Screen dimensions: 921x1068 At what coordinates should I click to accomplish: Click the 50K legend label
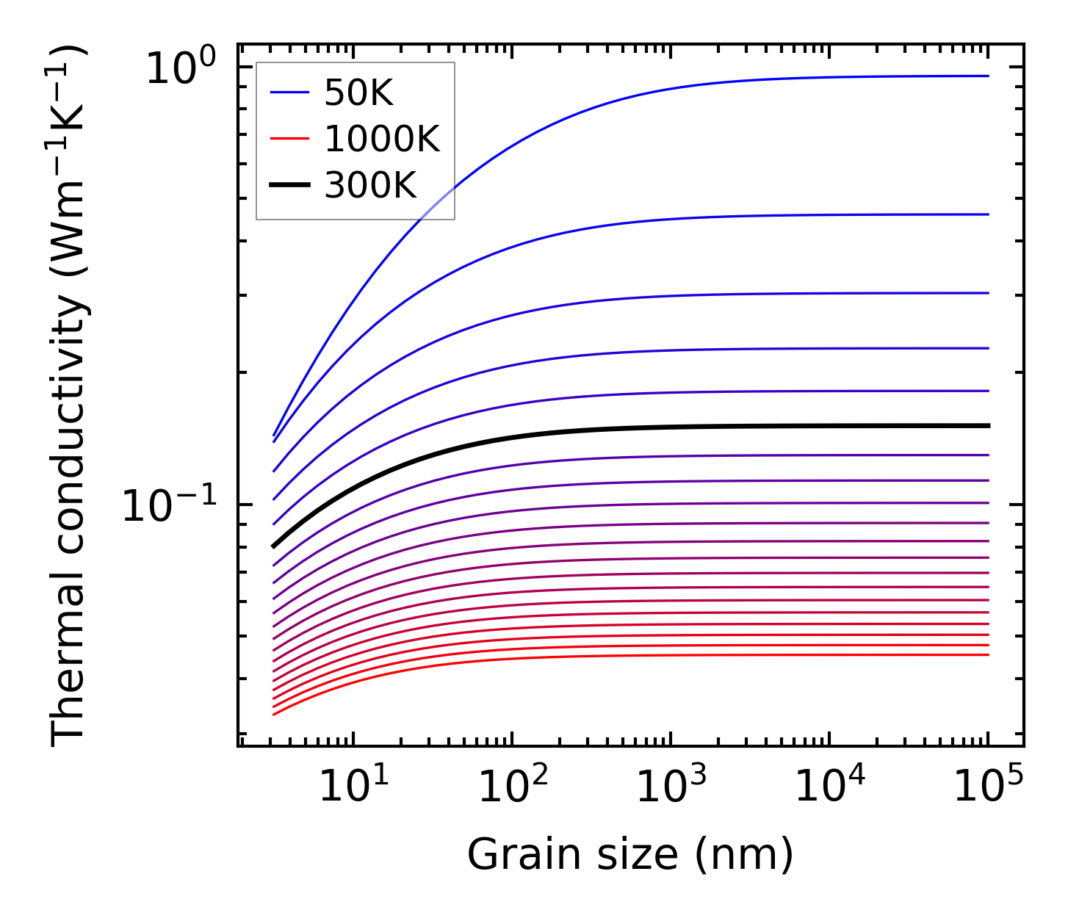[x=358, y=93]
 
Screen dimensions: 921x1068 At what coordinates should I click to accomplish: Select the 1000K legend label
[x=382, y=140]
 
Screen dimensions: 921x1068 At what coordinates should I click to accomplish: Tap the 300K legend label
[x=370, y=186]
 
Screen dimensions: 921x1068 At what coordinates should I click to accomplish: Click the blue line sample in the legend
[x=290, y=93]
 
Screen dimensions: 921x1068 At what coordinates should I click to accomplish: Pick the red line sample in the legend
[x=290, y=140]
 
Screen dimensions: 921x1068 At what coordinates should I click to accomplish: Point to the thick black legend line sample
[x=290, y=186]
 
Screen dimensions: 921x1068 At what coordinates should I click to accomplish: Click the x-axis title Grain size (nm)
[x=630, y=855]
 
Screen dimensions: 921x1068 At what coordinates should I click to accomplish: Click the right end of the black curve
[x=988, y=426]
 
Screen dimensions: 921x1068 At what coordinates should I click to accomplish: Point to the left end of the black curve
[x=274, y=546]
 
